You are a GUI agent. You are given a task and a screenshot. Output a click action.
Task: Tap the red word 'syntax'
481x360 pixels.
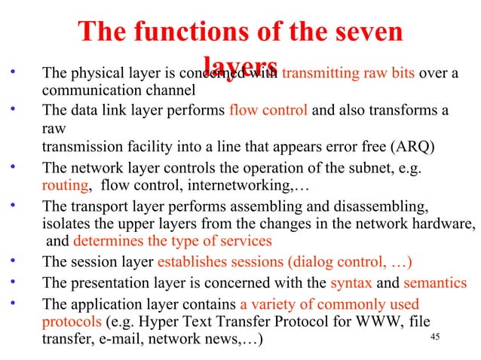(x=351, y=284)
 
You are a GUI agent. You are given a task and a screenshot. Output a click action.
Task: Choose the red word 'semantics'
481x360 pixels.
(x=434, y=284)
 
